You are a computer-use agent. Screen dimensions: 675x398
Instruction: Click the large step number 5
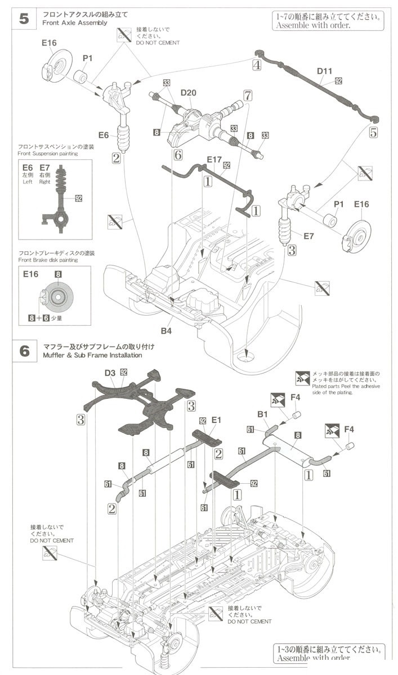coord(24,18)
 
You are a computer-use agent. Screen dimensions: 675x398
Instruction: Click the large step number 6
coord(24,350)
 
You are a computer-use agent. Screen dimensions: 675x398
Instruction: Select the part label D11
coord(325,71)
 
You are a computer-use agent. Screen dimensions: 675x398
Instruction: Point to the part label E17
coord(214,160)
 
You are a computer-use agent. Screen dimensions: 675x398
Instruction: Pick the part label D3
coord(110,372)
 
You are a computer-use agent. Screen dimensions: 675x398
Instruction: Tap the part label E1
coord(217,420)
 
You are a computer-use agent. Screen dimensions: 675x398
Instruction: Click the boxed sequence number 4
coord(257,65)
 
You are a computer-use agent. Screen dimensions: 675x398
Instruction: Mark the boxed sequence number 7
coord(247,96)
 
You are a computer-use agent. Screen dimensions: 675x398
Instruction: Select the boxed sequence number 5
coord(373,133)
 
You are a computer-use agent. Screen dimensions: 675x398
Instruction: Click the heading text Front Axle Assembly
coord(74,23)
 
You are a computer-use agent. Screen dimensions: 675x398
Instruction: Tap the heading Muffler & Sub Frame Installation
coord(92,355)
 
